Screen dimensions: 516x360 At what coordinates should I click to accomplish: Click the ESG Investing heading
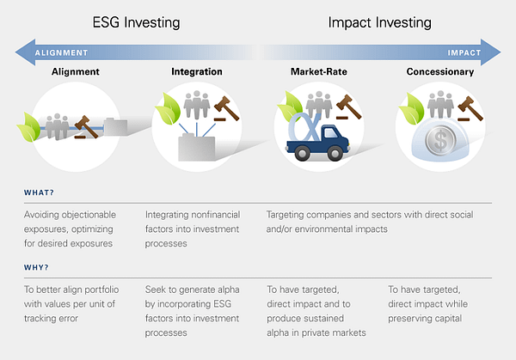coord(136,23)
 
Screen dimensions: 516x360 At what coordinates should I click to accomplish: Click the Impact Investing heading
coord(380,23)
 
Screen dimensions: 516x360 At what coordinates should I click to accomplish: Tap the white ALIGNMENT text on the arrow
coord(62,52)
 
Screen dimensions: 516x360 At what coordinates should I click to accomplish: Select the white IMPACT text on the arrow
coord(464,52)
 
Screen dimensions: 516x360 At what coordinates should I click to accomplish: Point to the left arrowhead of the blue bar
coord(26,52)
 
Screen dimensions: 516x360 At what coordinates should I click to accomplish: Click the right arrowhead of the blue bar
coord(491,52)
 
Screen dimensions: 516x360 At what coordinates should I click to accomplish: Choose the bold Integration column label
coord(197,71)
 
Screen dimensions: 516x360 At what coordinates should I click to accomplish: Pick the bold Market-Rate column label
coord(318,71)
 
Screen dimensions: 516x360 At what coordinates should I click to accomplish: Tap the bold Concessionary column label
coord(440,71)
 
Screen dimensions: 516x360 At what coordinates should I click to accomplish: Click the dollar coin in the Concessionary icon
coord(440,140)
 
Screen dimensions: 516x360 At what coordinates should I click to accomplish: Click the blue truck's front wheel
coord(335,153)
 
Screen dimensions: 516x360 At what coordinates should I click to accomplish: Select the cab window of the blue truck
coord(330,133)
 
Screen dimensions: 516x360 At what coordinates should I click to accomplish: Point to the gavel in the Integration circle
coord(226,108)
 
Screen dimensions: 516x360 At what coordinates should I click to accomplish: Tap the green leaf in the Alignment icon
coord(29,127)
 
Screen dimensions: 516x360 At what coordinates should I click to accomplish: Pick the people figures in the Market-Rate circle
coord(319,104)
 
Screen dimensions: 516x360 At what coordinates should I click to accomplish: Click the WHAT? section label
coord(39,192)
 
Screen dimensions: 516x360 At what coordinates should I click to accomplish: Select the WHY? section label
coord(36,267)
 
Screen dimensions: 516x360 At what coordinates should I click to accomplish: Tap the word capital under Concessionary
coord(447,319)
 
